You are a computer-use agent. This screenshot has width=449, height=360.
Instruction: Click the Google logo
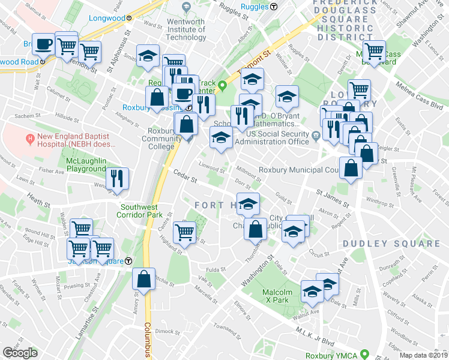tap(20, 353)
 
